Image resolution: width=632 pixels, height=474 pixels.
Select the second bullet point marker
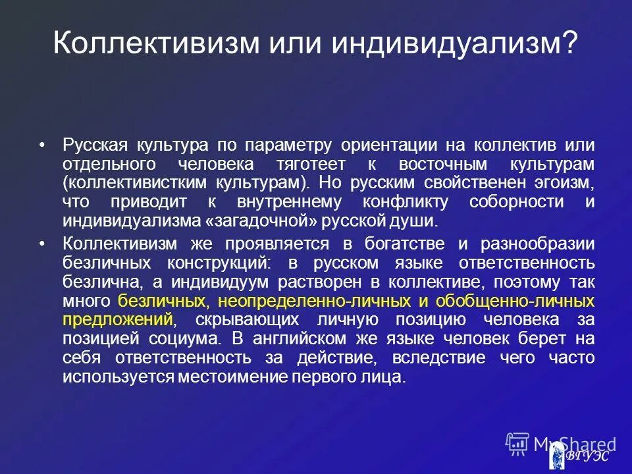(x=43, y=244)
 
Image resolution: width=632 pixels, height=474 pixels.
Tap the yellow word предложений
(x=118, y=321)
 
